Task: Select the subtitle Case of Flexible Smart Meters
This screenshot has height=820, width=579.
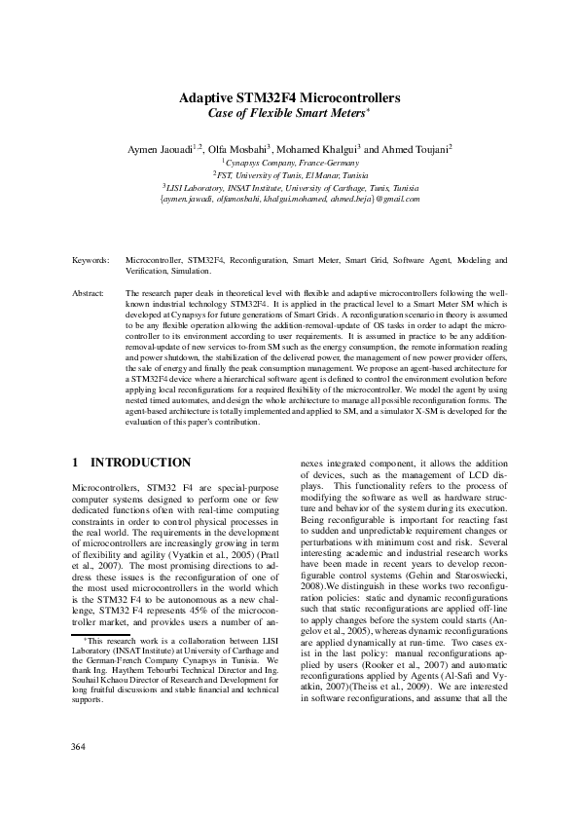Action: tap(288, 115)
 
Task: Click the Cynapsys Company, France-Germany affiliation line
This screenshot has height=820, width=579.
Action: tap(289, 163)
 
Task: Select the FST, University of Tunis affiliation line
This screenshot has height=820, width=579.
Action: tap(289, 175)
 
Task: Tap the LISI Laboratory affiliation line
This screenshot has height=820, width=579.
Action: tap(289, 187)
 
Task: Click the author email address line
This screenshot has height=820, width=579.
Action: tap(289, 199)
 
